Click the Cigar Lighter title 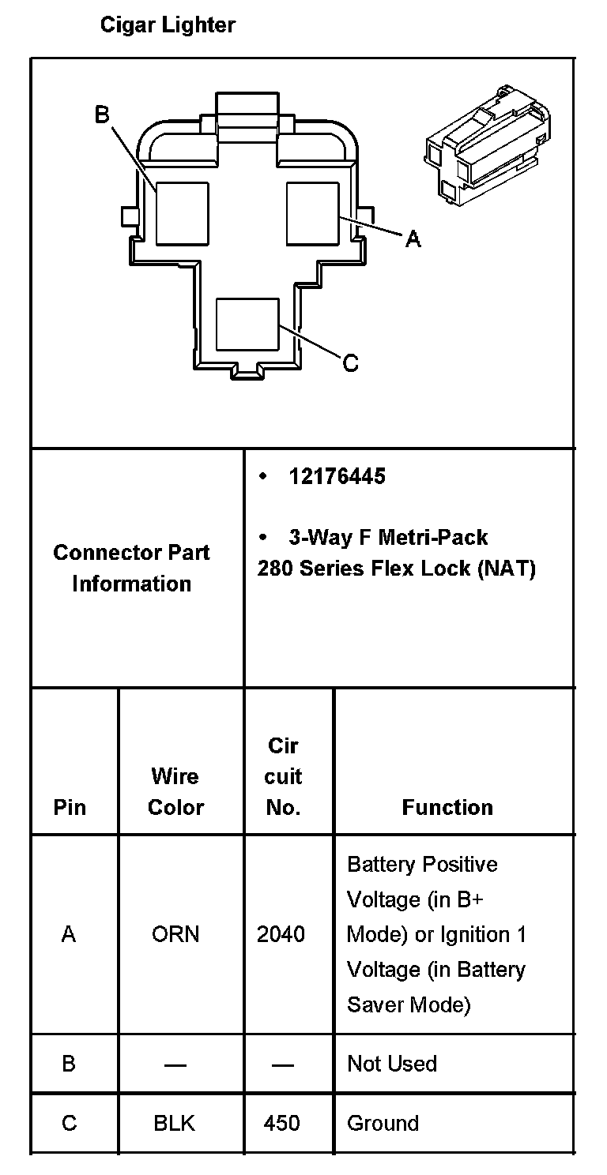coord(168,25)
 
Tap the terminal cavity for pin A coord(312,213)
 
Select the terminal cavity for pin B coord(181,213)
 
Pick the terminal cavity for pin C coord(247,324)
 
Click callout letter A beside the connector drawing coord(413,238)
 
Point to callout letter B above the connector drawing coord(102,115)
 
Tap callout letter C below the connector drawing coord(350,362)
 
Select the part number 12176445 coord(337,477)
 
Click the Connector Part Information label coord(132,568)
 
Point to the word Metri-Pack coord(433,538)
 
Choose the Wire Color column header coord(175,792)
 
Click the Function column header coord(447,807)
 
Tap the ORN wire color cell coord(175,934)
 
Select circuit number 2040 coord(281,934)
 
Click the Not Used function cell coord(392,1064)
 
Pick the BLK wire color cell coord(175,1123)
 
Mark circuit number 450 coord(282,1123)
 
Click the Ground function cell coord(383,1123)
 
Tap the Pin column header coord(70,807)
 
